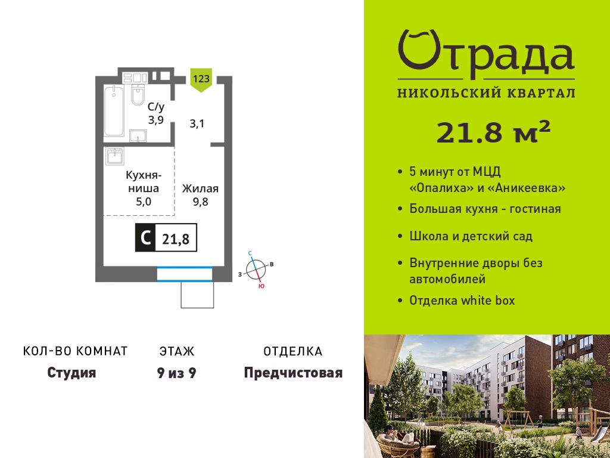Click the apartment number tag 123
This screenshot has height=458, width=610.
coord(201,79)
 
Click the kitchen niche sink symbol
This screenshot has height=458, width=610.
coord(114,156)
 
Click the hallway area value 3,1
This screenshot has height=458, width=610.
coord(197,124)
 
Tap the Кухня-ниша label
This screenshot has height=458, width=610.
coord(144,182)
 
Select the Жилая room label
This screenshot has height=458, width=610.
coord(200,189)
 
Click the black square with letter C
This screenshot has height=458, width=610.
coord(145,237)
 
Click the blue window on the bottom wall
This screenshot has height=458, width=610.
coord(185,274)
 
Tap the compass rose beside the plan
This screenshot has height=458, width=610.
coord(256,270)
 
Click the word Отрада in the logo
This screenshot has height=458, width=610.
coord(486,54)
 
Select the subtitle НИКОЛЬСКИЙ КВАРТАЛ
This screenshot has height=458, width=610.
coord(486,93)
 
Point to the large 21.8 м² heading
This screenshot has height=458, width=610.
coord(493,132)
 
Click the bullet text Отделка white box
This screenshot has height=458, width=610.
coord(462,301)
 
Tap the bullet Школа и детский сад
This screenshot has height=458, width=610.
coord(471,236)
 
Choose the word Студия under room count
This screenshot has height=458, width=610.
coord(71,373)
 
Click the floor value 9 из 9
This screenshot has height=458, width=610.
coord(176,373)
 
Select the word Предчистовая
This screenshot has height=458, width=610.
coord(293,373)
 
